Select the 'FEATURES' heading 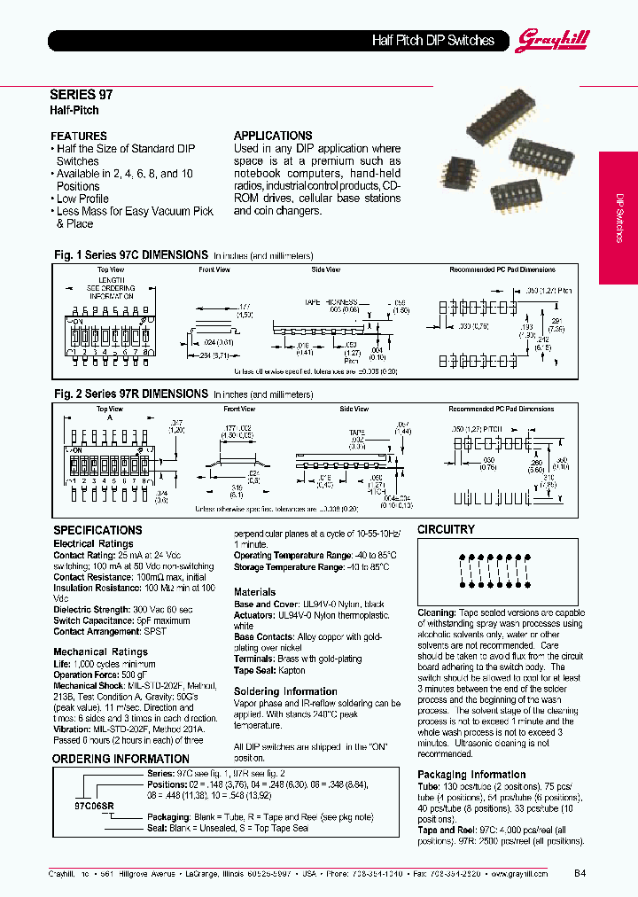79,136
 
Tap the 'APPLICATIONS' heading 273,136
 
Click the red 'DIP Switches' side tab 619,217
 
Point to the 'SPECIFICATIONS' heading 97,530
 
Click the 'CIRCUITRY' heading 446,529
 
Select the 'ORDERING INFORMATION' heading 121,759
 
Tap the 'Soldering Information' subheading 285,691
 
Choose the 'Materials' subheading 254,592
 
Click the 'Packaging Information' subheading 471,774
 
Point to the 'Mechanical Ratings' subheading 100,651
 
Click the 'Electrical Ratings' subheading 93,543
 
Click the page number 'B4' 580,872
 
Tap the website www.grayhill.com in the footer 519,872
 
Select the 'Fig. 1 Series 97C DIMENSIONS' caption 131,254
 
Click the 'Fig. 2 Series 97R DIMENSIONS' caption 131,394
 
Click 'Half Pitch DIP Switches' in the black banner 432,40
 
